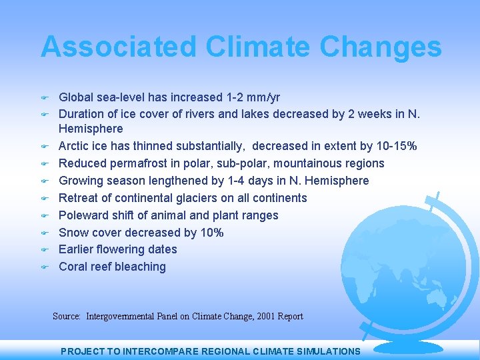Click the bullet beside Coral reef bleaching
click(x=45, y=267)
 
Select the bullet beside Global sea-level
click(x=45, y=98)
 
